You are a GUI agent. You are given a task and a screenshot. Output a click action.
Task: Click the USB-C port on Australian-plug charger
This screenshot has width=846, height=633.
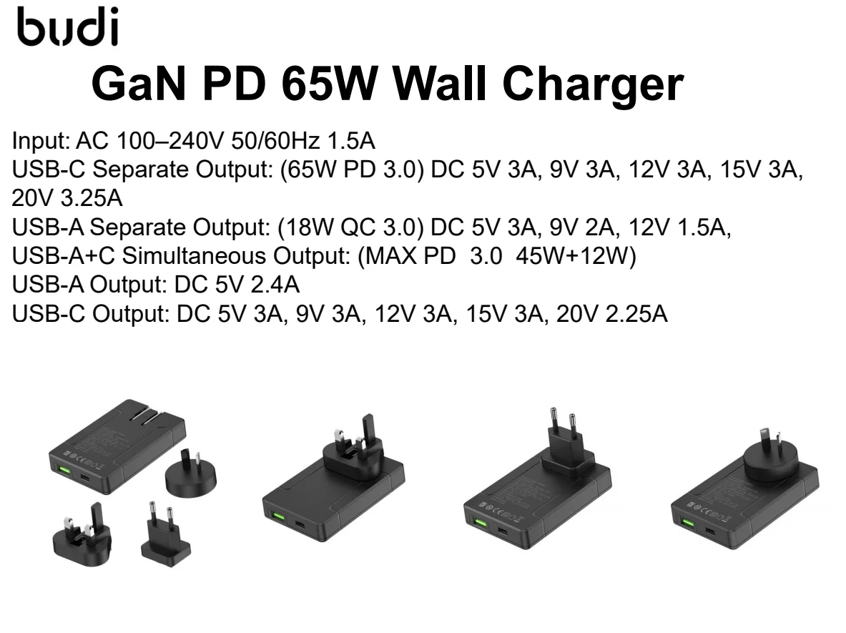[x=709, y=532]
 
